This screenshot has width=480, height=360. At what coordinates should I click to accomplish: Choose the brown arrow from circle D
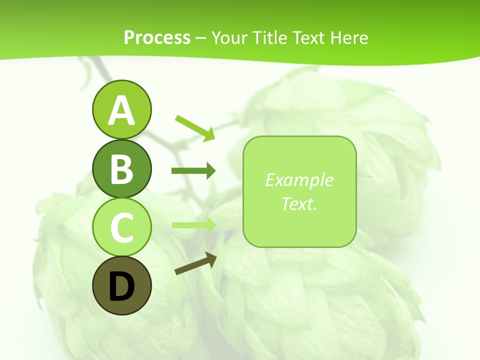click(x=195, y=264)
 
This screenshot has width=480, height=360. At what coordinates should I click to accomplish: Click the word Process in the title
click(x=157, y=37)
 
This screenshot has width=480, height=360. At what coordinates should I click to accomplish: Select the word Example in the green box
click(x=299, y=180)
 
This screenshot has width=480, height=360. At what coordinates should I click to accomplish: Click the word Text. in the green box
click(x=299, y=203)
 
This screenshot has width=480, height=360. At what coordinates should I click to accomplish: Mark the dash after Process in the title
click(x=201, y=38)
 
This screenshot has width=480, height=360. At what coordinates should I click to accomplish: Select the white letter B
click(x=121, y=169)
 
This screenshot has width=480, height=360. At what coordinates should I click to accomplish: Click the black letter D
click(x=121, y=286)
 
